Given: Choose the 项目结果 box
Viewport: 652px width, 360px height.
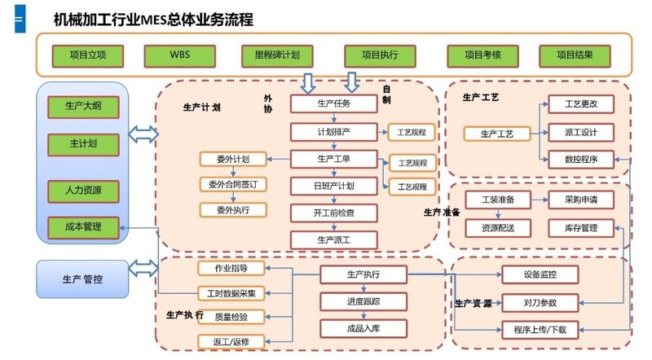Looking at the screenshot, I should [575, 55].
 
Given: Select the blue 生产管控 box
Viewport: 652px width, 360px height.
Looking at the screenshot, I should [83, 279].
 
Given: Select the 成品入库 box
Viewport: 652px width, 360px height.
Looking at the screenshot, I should [352, 327].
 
